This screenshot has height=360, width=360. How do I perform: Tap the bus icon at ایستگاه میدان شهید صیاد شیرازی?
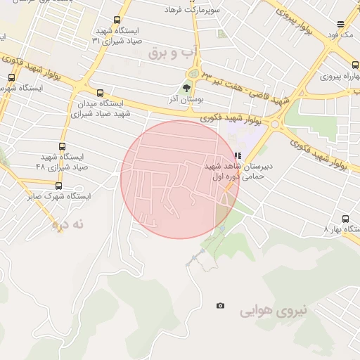pyautogui.click(x=99, y=93)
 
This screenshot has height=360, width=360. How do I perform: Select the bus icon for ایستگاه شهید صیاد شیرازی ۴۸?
pyautogui.click(x=63, y=147)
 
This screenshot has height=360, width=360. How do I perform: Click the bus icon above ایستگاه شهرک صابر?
pyautogui.click(x=58, y=186)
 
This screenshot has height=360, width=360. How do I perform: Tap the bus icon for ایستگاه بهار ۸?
pyautogui.click(x=345, y=219)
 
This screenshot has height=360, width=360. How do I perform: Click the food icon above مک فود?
pyautogui.click(x=340, y=23)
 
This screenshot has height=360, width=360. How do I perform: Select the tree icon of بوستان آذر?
pyautogui.click(x=186, y=88)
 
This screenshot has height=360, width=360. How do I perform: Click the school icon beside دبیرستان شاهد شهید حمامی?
pyautogui.click(x=238, y=156)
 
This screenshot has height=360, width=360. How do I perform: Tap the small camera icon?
pyautogui.click(x=221, y=305)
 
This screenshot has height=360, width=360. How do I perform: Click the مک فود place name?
pyautogui.click(x=345, y=34)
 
